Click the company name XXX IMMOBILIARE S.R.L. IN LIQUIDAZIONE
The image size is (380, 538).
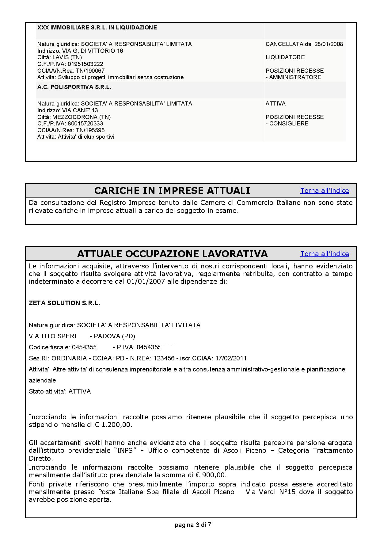click(x=97, y=28)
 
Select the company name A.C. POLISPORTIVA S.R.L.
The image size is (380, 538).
click(x=74, y=87)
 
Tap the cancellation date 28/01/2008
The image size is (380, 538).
click(x=329, y=44)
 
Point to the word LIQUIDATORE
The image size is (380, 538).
click(x=285, y=57)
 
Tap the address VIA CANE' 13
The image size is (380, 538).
click(x=80, y=110)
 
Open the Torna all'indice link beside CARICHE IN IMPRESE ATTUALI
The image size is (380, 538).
click(x=325, y=191)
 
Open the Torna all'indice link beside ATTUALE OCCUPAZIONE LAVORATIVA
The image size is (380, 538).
click(x=325, y=254)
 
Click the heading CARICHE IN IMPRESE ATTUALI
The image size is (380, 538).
click(x=172, y=191)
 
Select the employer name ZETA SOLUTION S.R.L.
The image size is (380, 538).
click(x=64, y=303)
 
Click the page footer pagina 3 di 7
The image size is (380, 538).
click(x=193, y=525)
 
